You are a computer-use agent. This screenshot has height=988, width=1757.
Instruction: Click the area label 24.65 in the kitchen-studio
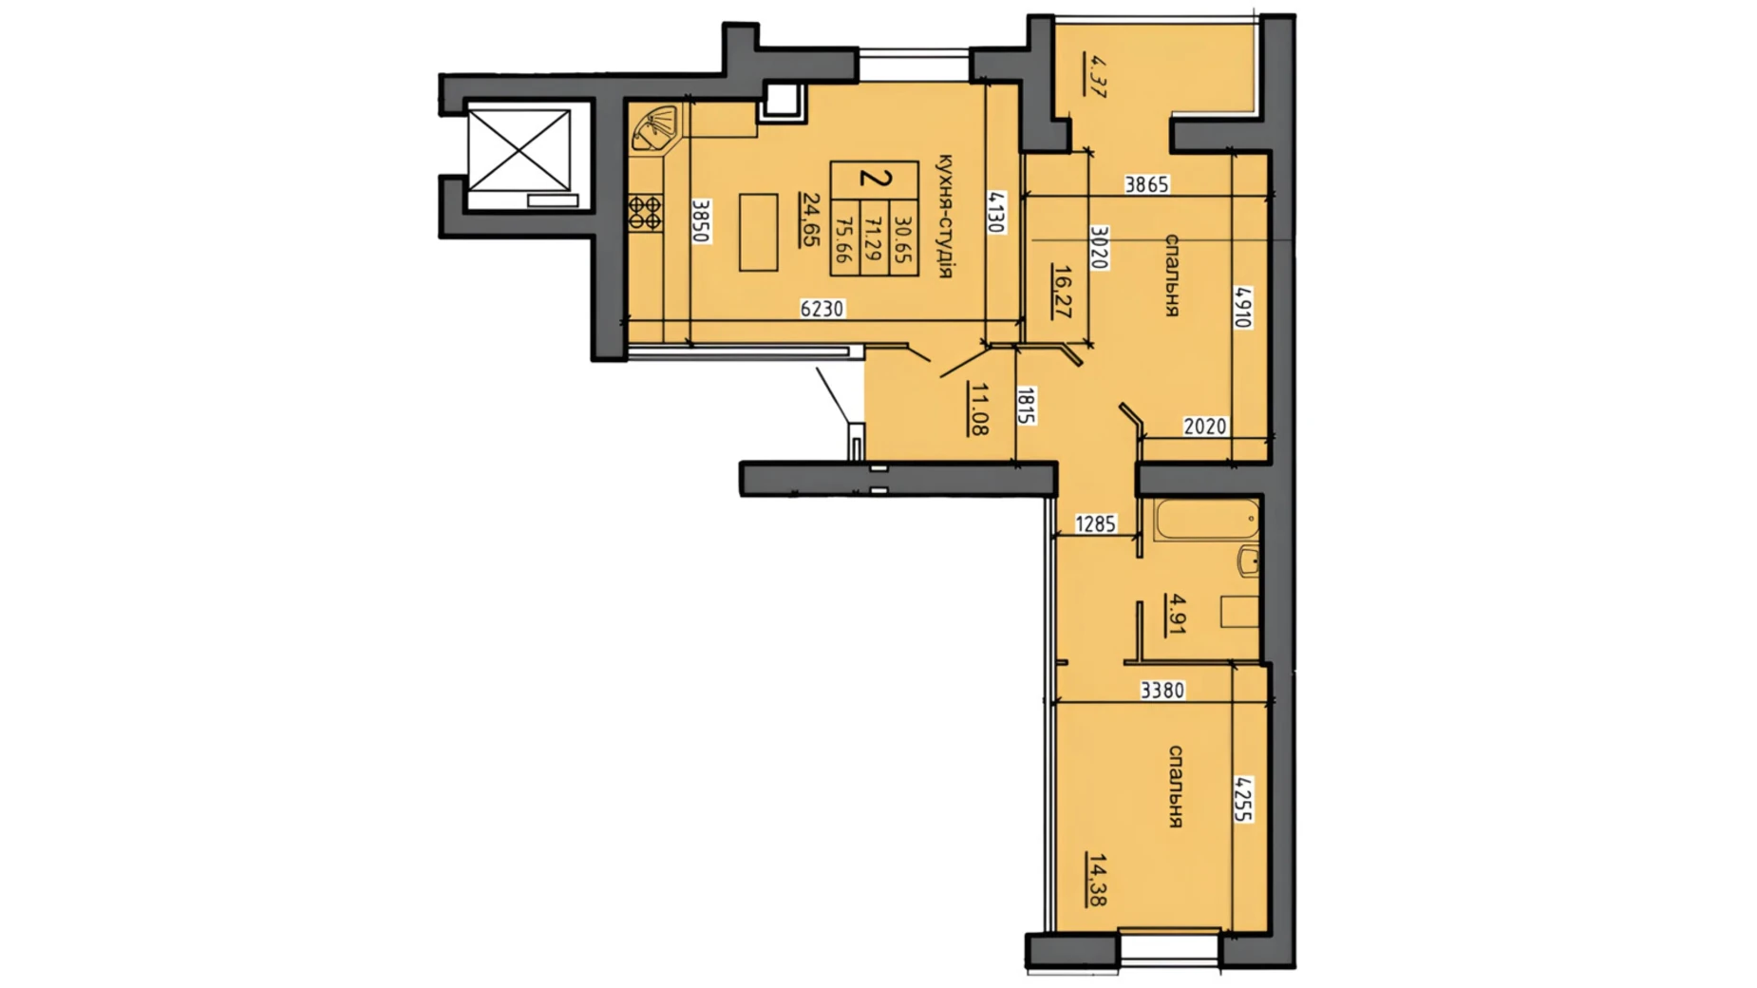pos(810,219)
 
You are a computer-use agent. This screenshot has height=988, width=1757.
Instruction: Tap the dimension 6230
pos(822,309)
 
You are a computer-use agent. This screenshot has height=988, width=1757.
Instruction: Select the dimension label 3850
pos(701,220)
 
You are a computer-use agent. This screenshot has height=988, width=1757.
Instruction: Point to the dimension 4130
pos(995,212)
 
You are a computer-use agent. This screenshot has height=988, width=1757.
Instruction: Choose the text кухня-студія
pos(944,216)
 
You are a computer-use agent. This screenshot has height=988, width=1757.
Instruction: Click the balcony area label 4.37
pos(1097,76)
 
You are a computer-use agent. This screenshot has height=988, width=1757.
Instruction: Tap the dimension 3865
pos(1146,184)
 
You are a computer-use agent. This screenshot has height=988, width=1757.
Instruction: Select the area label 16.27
pos(1063,292)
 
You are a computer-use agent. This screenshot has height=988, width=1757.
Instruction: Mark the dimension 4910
pos(1242,307)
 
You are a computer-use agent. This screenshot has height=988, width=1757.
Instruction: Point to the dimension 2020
pos(1204,427)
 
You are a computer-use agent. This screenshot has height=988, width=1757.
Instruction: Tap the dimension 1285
pos(1095,523)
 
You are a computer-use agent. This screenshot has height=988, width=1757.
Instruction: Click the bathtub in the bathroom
pos(1206,519)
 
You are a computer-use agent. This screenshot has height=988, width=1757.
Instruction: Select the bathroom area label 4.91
pos(1177,614)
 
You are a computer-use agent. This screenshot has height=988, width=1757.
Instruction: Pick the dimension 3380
pos(1162,691)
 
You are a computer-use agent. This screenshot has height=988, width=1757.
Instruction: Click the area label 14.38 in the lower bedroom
pos(1098,880)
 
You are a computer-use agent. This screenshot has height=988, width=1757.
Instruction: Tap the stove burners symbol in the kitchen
pos(646,212)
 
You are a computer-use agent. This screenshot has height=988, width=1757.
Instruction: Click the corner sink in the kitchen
pos(655,128)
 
